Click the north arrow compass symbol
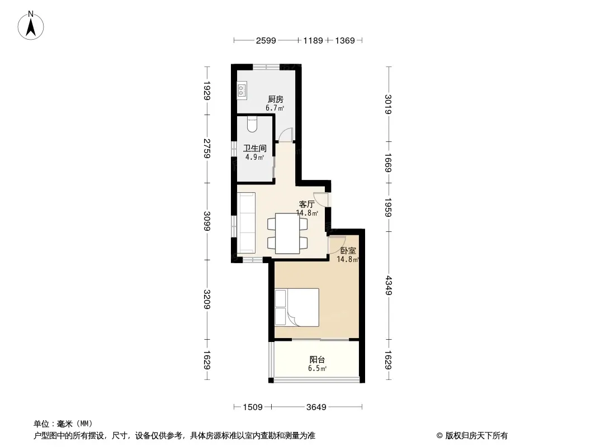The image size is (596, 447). coord(31,26)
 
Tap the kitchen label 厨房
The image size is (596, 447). coord(275,99)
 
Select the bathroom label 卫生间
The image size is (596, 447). coord(254,149)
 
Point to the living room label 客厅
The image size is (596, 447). coord(307,205)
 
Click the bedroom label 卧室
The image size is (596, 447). coord(348,251)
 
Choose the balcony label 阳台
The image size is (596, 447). coord(317,360)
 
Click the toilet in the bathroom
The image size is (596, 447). coord(252,124)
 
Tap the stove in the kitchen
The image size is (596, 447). coord(242,91)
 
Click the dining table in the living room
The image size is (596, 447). coord(288,234)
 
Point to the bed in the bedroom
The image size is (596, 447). coord(297,308)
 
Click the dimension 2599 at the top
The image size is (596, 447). coord(266,40)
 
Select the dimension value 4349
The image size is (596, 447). coord(388,285)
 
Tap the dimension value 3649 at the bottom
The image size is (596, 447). coord(316,407)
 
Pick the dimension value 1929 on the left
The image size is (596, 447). coord(207,91)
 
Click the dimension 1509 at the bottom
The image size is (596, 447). coord(253,407)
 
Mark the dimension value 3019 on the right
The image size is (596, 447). coord(388,104)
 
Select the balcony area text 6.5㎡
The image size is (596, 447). coord(317,368)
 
